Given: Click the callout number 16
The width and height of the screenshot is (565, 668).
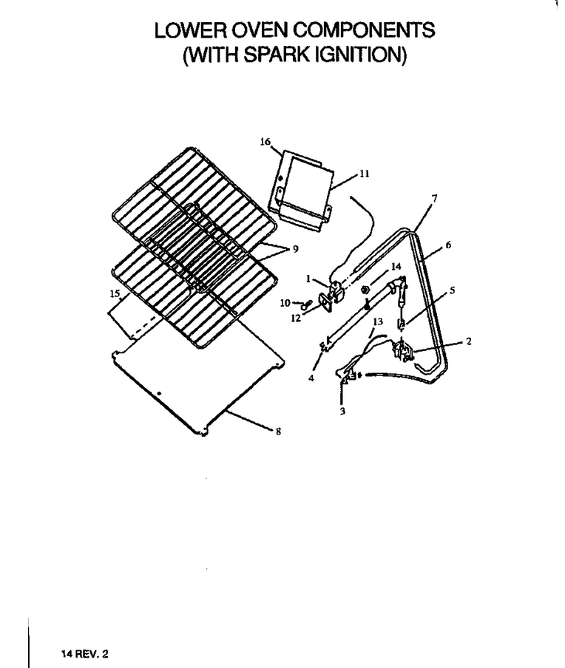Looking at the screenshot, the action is [265, 141].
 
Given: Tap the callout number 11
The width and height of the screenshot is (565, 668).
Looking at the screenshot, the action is [364, 174].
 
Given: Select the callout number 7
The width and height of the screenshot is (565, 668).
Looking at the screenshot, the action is [434, 198].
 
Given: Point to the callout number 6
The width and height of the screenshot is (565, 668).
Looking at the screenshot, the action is [448, 245].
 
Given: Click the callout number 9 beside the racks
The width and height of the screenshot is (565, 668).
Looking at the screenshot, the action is [296, 249].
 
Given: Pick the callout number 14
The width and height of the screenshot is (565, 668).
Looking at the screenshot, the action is [396, 266].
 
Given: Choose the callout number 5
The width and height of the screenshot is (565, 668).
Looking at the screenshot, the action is [453, 290].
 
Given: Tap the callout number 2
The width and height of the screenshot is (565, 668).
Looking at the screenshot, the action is [469, 341].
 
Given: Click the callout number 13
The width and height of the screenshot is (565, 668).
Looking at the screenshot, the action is [378, 321].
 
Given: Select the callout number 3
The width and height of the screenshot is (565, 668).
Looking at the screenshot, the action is [342, 412].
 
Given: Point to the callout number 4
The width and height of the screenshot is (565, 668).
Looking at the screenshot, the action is [311, 378].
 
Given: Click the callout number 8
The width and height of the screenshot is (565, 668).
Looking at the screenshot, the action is [279, 432].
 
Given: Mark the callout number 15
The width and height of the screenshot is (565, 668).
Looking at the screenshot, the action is [115, 293].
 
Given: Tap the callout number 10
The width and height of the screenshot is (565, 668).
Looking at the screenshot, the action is [285, 303].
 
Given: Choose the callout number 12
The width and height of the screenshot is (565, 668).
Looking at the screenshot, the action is [296, 318].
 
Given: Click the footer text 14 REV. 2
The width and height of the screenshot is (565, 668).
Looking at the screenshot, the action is [85, 653].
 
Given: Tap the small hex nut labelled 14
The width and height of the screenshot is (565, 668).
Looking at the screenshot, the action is [365, 290].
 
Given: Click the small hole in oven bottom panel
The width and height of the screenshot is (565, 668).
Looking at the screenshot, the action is [159, 394].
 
